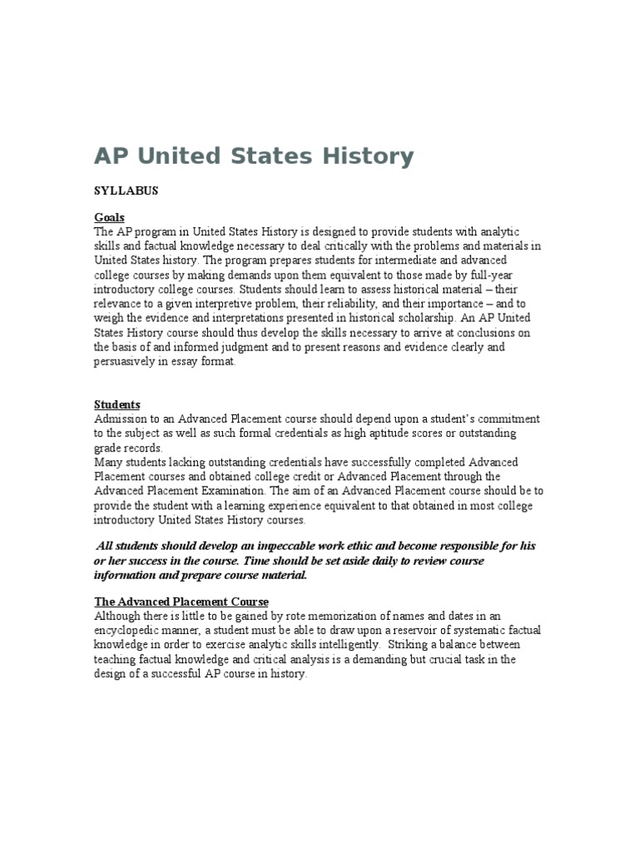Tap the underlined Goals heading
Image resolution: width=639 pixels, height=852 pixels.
pos(109,217)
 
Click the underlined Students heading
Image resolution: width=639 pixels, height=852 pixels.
pos(116,404)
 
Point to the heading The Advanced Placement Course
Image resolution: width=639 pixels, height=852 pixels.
pos(181,602)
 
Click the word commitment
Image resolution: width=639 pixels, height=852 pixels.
pos(505,419)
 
